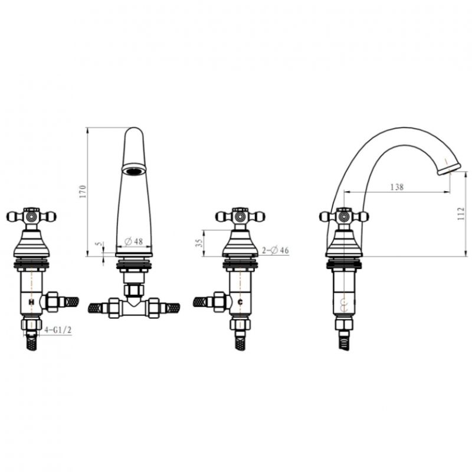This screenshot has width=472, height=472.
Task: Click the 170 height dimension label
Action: (x=83, y=191)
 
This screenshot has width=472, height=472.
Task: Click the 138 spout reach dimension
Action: (x=396, y=187)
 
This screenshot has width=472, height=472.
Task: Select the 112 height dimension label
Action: (x=461, y=214)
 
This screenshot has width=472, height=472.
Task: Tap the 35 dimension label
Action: (x=199, y=243)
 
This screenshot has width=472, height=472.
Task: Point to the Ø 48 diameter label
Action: (x=134, y=241)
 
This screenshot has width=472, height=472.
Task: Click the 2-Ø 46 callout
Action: (x=275, y=250)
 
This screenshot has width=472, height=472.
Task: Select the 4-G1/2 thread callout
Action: (x=58, y=330)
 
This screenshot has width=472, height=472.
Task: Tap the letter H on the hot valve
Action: (x=31, y=301)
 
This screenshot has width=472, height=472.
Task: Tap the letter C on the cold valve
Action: (x=240, y=302)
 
